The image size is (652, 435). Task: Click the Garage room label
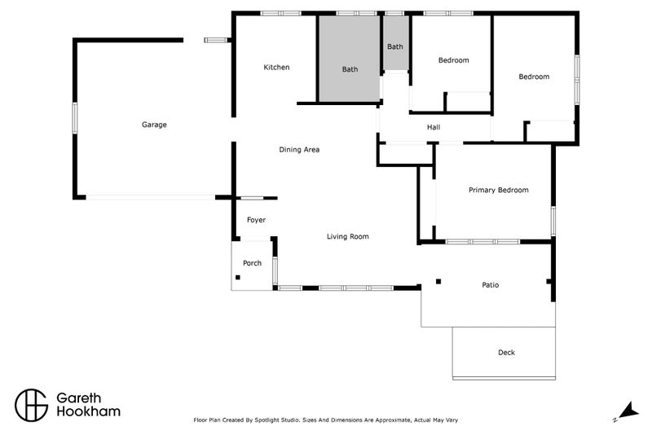(x=154, y=125)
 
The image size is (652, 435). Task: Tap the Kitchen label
(x=276, y=68)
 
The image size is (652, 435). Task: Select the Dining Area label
(x=299, y=150)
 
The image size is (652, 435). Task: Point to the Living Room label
(x=348, y=237)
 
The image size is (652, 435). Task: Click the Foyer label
(x=256, y=220)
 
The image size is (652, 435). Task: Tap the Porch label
(x=253, y=263)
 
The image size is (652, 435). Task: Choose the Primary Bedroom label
(x=498, y=190)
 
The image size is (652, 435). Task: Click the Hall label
(x=434, y=128)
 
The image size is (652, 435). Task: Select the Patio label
(x=490, y=285)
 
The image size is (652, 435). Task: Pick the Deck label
(x=506, y=353)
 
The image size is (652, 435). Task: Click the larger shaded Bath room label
(x=350, y=69)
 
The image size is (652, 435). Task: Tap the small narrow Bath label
(x=394, y=47)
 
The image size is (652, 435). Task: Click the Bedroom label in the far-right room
(x=534, y=77)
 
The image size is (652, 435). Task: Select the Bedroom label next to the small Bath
(x=453, y=60)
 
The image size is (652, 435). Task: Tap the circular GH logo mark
(x=32, y=404)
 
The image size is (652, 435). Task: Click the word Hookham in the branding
(x=88, y=412)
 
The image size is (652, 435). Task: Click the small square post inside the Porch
(x=238, y=278)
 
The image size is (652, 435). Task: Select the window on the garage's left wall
(x=75, y=116)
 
